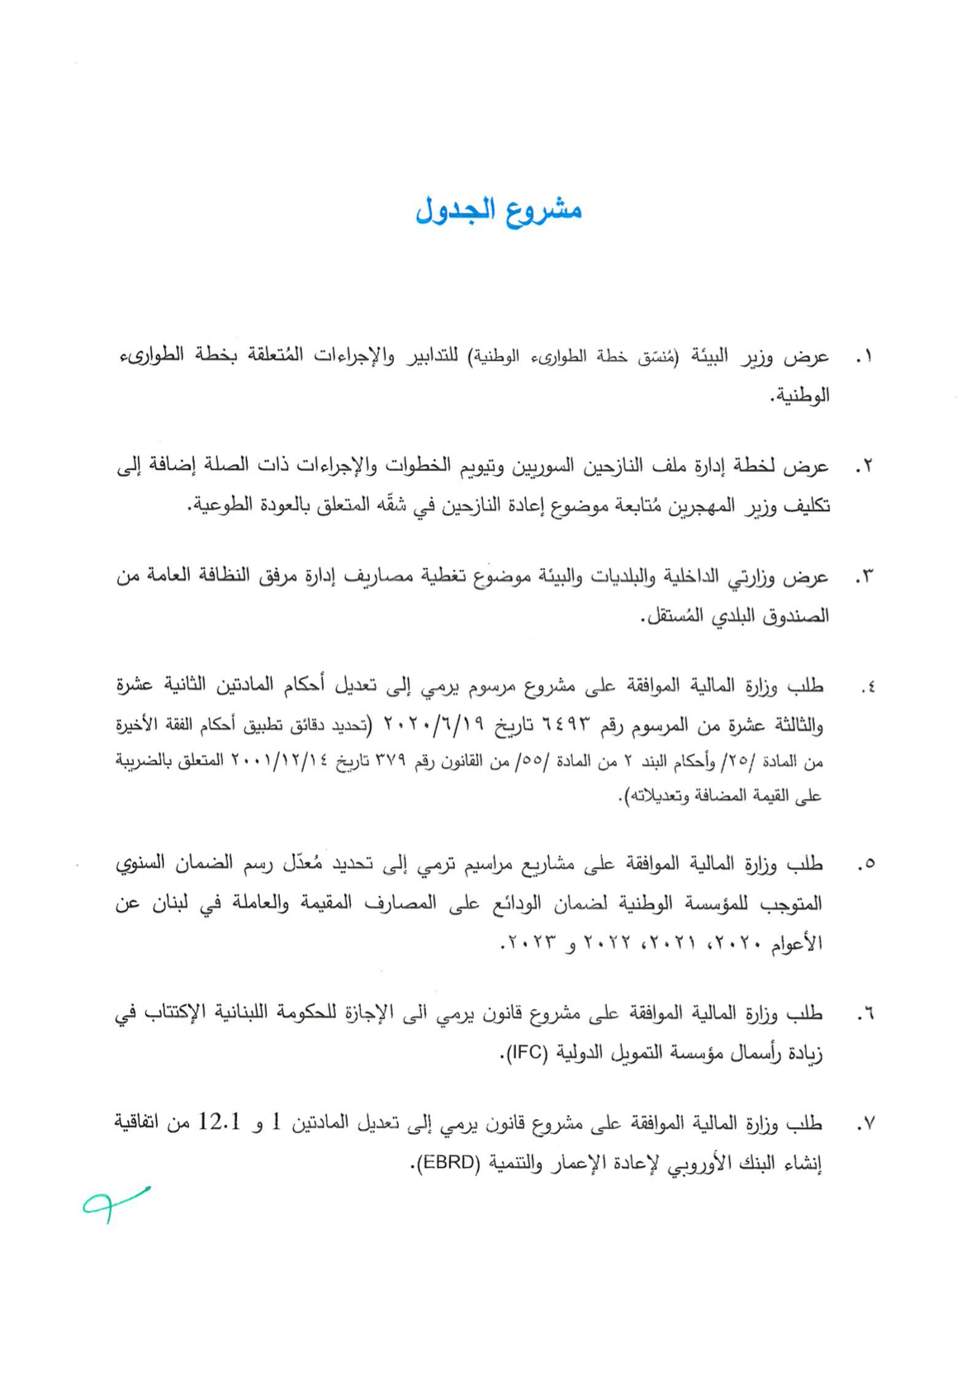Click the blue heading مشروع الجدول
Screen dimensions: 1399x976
[x=499, y=211]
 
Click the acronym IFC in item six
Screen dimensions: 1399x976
[x=524, y=1053]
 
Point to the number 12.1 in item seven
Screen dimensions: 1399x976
[x=219, y=1122]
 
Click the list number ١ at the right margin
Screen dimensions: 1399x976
[x=864, y=358]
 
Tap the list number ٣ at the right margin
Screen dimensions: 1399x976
[x=864, y=578]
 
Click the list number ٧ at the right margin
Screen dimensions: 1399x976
[x=864, y=1124]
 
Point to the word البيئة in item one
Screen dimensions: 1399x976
[x=709, y=357]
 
